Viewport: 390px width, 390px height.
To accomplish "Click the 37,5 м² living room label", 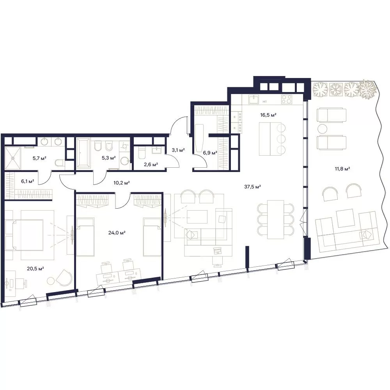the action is point(252,186).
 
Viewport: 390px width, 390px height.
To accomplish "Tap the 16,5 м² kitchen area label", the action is point(268,115).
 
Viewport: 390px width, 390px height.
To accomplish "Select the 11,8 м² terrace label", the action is point(342,169).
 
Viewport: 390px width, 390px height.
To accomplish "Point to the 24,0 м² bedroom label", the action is point(117,233).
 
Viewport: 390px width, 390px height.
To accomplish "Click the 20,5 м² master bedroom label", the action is point(35,268).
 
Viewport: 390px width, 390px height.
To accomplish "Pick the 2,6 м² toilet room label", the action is point(151,164).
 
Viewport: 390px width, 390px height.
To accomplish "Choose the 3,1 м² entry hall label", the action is point(178,150).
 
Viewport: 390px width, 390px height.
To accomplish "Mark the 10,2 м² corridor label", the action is point(122,183).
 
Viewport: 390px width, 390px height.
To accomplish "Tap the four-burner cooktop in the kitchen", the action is point(287,99).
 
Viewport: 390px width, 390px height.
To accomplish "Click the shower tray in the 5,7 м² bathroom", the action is point(12,158).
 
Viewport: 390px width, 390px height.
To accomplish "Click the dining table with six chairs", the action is point(276,219).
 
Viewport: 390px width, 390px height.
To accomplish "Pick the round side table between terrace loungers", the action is point(323,129).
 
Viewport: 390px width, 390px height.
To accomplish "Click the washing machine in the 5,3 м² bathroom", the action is point(124,161).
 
